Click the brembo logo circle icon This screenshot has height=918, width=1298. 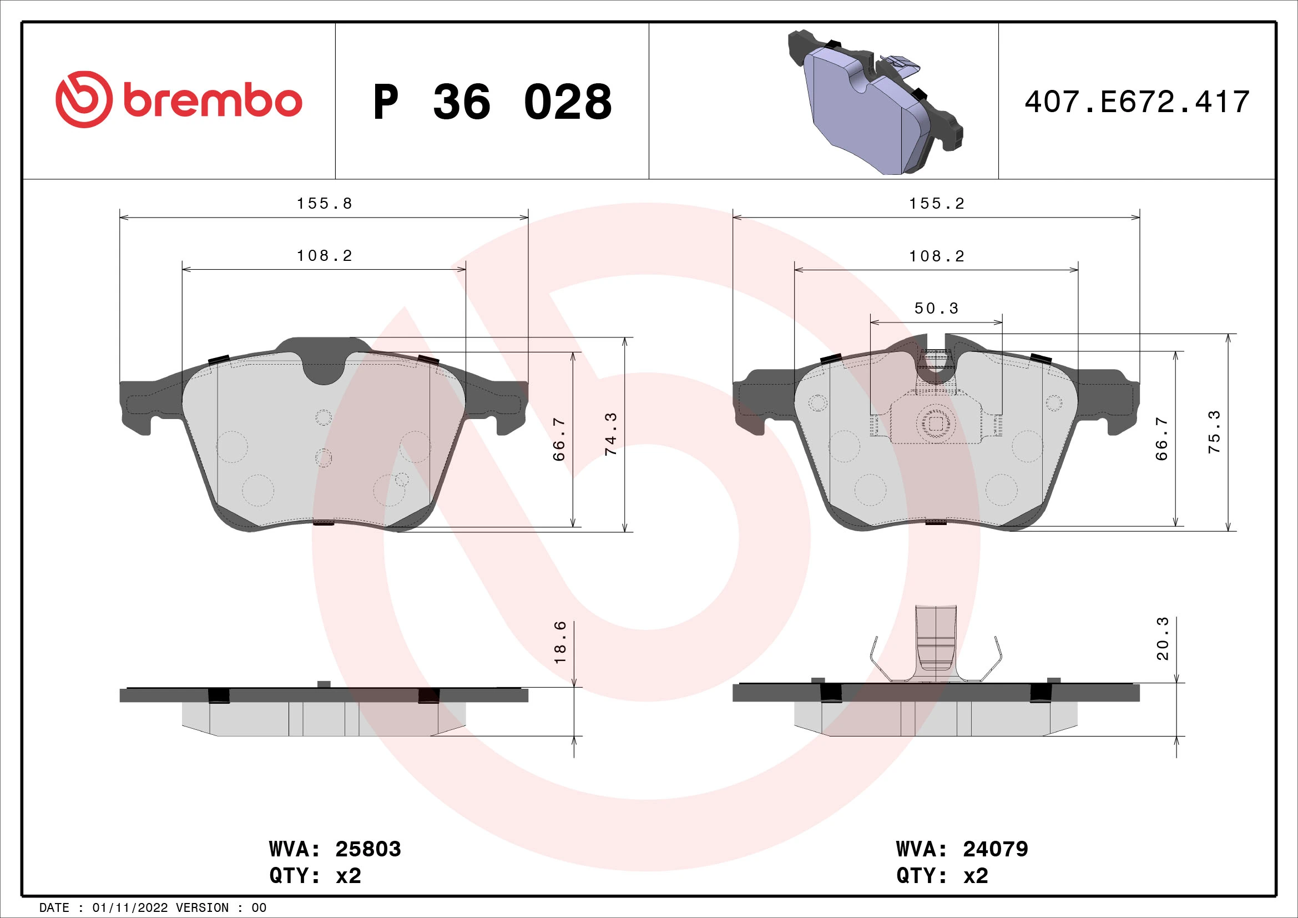[x=84, y=99]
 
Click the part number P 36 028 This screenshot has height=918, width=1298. [x=492, y=102]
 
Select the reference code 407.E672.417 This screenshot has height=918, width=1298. [x=1137, y=102]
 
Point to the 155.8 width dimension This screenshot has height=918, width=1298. [x=324, y=204]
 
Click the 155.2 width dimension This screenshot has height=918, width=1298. [x=936, y=204]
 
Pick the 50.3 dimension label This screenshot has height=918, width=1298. [x=936, y=308]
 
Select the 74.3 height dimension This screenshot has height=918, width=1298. [x=611, y=434]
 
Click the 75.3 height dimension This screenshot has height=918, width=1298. [x=1214, y=432]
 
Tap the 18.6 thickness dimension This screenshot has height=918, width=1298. [x=560, y=642]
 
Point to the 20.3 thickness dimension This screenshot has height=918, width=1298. [x=1163, y=639]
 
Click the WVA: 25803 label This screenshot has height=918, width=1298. [x=335, y=849]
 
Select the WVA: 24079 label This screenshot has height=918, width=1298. [x=962, y=849]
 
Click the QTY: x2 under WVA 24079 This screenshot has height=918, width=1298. [x=942, y=876]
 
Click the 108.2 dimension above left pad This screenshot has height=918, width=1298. [x=324, y=256]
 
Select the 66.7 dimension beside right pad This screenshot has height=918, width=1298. [x=1161, y=438]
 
